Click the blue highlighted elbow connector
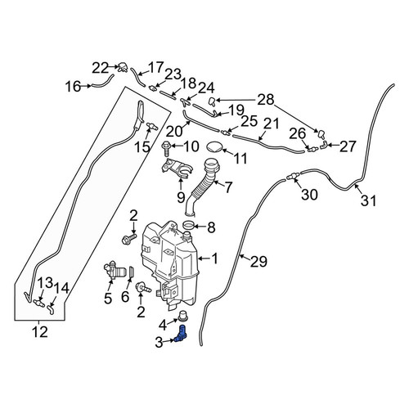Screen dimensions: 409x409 click(181, 334)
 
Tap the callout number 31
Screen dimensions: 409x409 click(368, 201)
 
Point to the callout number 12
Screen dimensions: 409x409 click(40, 332)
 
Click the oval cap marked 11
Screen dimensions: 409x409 click(215, 146)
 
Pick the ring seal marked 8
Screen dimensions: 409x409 click(189, 225)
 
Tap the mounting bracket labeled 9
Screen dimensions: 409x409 click(176, 169)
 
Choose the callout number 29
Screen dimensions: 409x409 click(258, 262)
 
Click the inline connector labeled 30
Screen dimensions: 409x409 click(293, 177)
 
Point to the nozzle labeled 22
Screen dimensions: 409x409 click(123, 67)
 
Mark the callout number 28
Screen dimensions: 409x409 click(266, 100)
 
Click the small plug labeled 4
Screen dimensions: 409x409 click(183, 316)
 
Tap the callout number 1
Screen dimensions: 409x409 click(215, 258)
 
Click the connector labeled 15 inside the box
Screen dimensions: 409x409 click(153, 126)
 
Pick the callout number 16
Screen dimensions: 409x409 click(73, 87)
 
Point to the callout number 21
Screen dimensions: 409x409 click(272, 124)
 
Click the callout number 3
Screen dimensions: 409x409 click(159, 343)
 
